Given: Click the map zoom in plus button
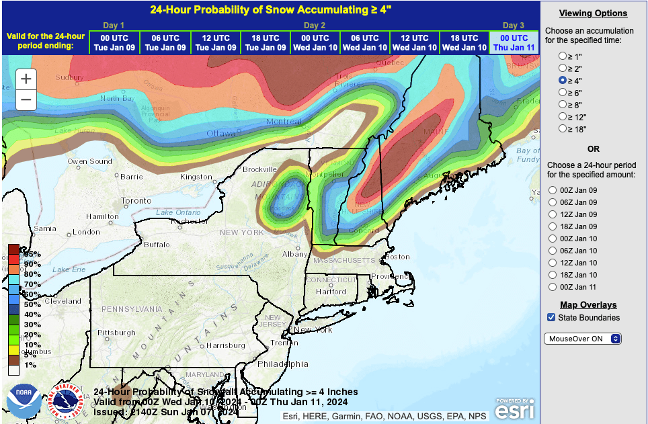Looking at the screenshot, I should tap(26, 79).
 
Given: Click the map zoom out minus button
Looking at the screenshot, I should tap(26, 100).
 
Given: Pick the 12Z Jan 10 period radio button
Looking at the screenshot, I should tap(553, 263).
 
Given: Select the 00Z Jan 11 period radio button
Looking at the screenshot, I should tap(553, 287).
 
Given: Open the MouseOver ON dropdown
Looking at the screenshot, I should tap(583, 339).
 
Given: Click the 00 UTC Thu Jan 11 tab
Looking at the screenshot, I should tap(514, 42).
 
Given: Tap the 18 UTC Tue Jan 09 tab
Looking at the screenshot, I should tap(266, 42).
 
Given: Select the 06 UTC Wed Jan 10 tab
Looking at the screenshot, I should tap(365, 42).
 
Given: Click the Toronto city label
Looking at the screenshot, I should tap(136, 201).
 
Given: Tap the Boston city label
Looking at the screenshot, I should tap(397, 257).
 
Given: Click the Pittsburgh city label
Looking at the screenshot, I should tap(118, 333).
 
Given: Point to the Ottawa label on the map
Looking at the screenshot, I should tap(221, 134).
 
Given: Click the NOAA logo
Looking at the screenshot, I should tap(24, 400).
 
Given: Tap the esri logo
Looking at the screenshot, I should tap(516, 408).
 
